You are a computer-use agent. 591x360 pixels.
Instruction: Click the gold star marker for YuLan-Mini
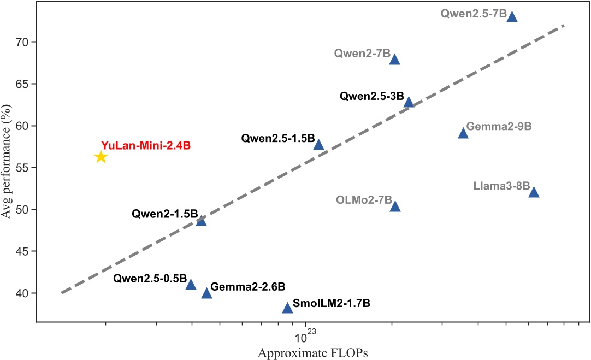coord(101,157)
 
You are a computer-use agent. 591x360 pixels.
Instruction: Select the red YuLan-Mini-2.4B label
coord(145,146)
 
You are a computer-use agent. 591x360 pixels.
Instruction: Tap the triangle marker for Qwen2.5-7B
coord(512,17)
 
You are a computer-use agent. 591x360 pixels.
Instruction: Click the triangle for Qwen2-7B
coord(394,59)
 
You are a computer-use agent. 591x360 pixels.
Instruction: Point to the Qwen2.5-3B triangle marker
coord(409,102)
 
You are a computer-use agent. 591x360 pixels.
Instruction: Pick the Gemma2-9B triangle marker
coord(463,133)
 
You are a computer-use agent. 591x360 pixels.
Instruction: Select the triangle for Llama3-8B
coord(534,192)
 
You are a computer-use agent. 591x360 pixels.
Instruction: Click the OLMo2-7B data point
coord(395,206)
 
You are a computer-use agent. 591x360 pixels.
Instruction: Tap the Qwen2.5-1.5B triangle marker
coord(318,145)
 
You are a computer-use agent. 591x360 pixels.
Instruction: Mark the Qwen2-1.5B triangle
coord(201,221)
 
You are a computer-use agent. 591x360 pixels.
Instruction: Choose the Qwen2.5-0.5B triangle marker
coord(191,285)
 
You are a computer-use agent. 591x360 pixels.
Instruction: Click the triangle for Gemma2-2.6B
coord(206,293)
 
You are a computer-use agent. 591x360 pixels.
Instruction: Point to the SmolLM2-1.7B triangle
coord(287,308)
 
